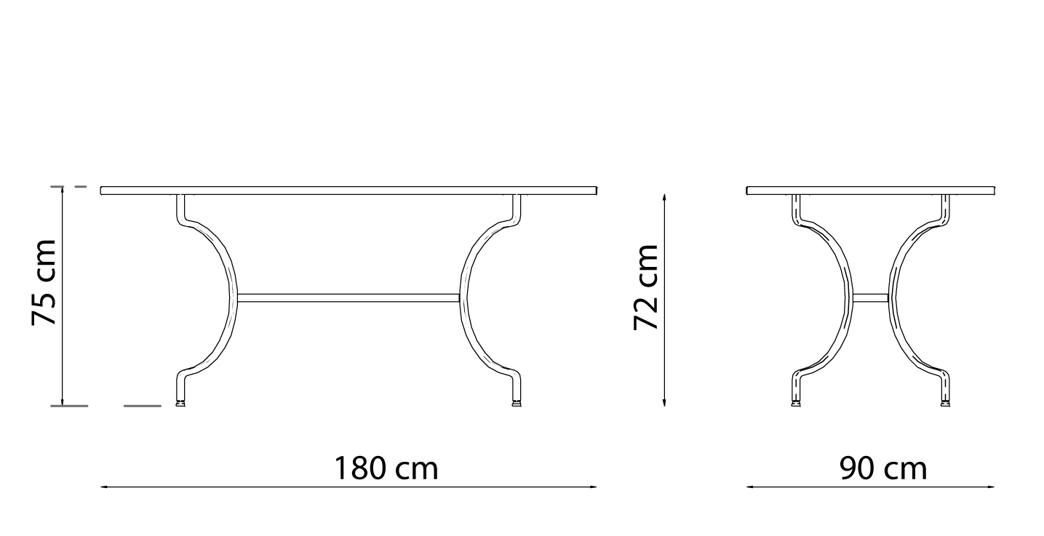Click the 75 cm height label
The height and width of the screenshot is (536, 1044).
pyautogui.click(x=44, y=283)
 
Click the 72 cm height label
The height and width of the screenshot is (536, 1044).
pyautogui.click(x=645, y=287)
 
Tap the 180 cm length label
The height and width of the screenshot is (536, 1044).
pyautogui.click(x=386, y=468)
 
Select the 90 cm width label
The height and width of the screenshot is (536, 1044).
pyautogui.click(x=883, y=468)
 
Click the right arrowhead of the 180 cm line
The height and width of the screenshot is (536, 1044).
pyautogui.click(x=594, y=487)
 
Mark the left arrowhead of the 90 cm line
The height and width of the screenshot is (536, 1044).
pyautogui.click(x=750, y=487)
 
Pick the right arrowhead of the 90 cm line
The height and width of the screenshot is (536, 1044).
pyautogui.click(x=991, y=487)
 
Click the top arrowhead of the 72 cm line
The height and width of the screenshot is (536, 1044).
pyautogui.click(x=664, y=198)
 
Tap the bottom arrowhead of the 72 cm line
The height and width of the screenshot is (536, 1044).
pyautogui.click(x=664, y=402)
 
